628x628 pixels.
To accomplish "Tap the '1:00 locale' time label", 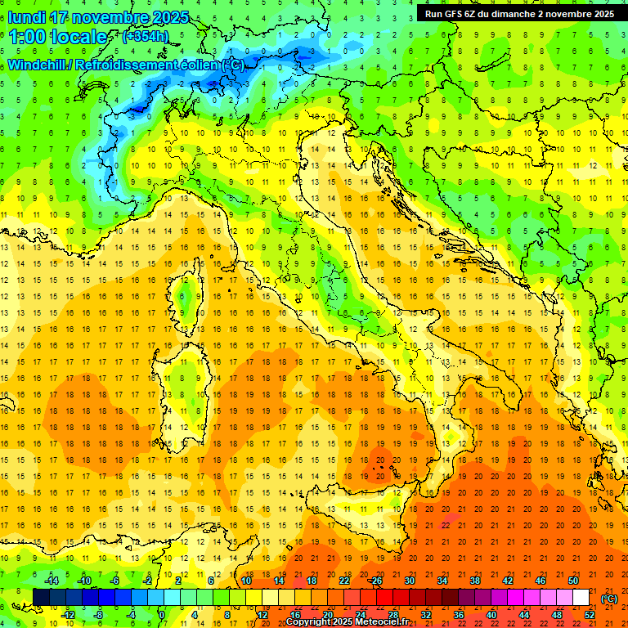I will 58,37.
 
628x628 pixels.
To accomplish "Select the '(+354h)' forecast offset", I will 146,37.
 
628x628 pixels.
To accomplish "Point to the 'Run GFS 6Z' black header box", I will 520,14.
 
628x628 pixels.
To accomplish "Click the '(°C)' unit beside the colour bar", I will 609,598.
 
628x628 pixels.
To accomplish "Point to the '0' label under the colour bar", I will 162,615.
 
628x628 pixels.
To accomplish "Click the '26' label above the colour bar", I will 375,581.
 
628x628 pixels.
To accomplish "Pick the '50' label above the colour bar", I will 573,581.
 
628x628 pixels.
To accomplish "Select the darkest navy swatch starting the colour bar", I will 41,598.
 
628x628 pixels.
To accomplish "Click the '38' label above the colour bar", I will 474,581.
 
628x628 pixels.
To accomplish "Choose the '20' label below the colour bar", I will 326,615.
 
